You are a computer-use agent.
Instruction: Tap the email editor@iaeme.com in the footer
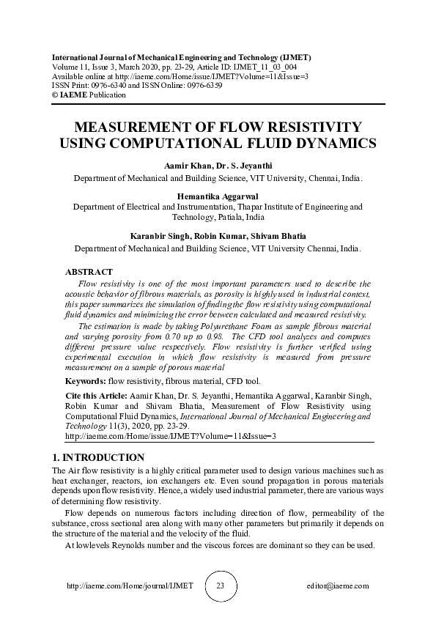coord(337,586)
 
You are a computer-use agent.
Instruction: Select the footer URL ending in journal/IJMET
coord(130,586)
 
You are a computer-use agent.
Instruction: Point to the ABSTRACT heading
coord(89,272)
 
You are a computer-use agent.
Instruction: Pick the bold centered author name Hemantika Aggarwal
coord(218,196)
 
